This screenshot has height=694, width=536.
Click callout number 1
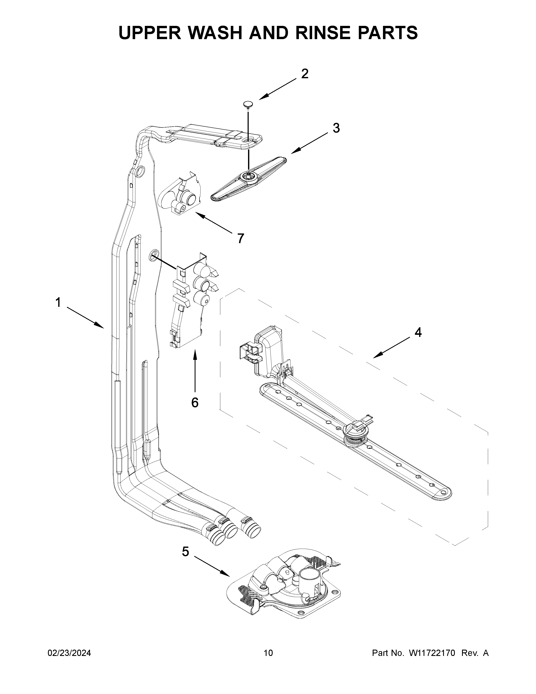tap(58, 302)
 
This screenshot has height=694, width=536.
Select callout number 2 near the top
tap(305, 74)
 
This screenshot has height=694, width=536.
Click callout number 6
tap(195, 403)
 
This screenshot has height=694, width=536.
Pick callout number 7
tap(241, 238)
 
